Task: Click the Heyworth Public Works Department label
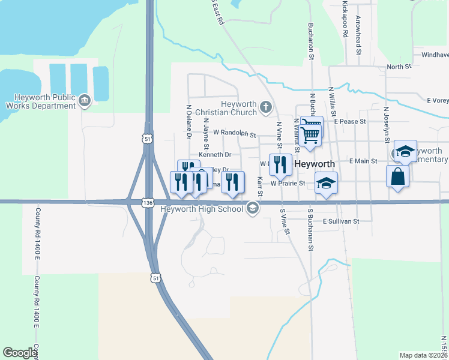tap(38, 101)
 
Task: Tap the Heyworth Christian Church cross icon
tap(266, 109)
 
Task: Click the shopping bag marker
tap(397, 176)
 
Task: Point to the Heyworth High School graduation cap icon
tap(253, 209)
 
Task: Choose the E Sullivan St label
tap(340, 221)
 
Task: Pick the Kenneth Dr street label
tap(214, 154)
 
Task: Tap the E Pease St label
tap(350, 121)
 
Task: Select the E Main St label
tap(363, 161)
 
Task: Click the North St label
tap(399, 67)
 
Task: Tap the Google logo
tap(20, 353)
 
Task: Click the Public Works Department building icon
tap(84, 99)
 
